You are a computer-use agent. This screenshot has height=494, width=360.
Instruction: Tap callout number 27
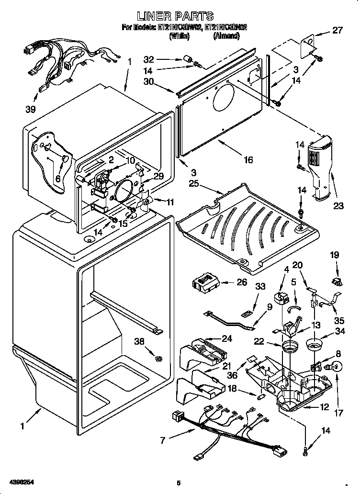pyautogui.click(x=337, y=31)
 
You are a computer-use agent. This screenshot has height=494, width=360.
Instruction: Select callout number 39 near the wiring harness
pyautogui.click(x=31, y=109)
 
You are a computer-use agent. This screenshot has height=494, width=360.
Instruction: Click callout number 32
pyautogui.click(x=149, y=60)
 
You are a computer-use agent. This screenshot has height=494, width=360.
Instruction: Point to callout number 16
pyautogui.click(x=247, y=160)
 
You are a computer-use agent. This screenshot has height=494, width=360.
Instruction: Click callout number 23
pyautogui.click(x=338, y=207)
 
